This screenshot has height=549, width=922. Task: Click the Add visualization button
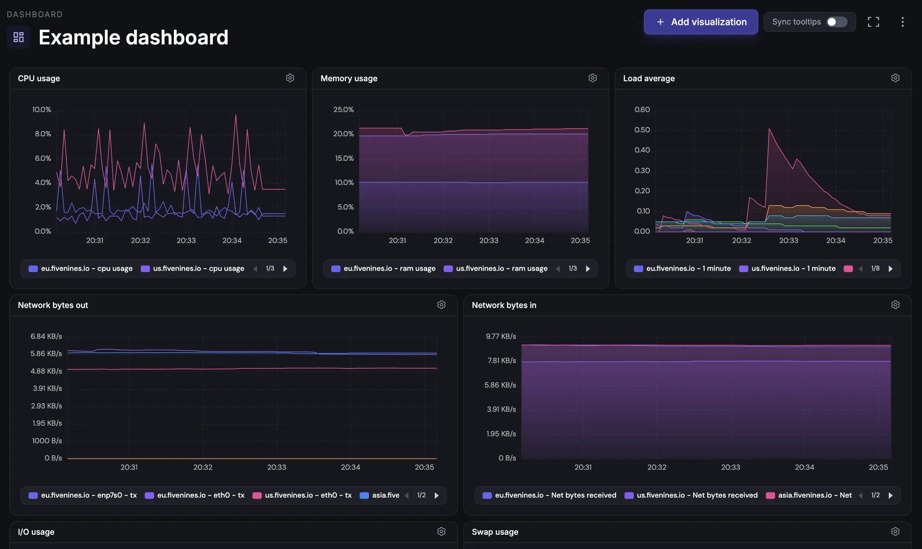[701, 22]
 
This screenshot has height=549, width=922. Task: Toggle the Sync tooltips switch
[836, 22]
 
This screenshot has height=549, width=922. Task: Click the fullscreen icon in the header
[873, 22]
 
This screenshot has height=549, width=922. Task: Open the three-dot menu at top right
[902, 22]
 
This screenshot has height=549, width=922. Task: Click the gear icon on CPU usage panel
[290, 78]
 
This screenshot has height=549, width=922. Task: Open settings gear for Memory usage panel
[592, 78]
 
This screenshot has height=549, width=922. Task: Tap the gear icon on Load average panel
[895, 78]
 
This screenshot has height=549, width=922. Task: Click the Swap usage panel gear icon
[895, 532]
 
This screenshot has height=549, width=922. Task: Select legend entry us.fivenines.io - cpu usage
[192, 269]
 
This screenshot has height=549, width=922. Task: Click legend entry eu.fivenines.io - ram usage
[383, 269]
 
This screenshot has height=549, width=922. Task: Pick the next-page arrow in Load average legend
[890, 269]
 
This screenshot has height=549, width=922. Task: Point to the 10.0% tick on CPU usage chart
[41, 109]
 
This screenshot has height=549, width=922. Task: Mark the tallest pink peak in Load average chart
[769, 129]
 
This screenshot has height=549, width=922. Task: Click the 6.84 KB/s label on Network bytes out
[46, 336]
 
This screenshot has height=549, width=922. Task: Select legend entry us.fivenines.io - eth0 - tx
[302, 495]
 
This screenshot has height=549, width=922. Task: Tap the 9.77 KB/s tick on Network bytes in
[500, 336]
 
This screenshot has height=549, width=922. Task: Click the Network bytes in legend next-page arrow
[890, 495]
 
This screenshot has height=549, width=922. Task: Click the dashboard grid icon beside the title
[19, 37]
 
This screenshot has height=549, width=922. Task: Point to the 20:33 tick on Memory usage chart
[489, 240]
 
